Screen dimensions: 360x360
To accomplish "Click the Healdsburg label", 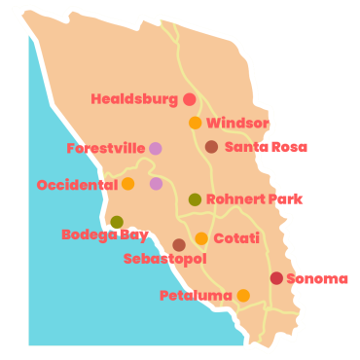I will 134,99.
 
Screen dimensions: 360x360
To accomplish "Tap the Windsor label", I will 237,124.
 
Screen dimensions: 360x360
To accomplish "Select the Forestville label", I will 105,149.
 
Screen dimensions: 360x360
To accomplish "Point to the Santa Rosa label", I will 266,148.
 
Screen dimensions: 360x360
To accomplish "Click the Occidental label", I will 77,185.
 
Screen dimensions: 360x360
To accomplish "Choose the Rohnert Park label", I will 254,199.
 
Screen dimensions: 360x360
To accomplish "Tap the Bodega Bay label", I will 104,234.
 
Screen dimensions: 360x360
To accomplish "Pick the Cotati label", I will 236,238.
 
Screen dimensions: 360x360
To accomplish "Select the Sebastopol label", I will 165,259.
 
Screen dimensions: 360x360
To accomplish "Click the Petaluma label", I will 196,296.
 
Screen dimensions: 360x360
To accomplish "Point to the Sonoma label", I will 316,279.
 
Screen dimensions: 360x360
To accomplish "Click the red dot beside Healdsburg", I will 189,99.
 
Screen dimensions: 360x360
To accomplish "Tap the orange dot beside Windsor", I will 196,123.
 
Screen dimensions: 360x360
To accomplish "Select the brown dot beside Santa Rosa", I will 211,147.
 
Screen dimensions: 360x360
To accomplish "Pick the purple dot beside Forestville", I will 155,149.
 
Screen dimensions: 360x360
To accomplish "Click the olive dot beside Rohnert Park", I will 195,199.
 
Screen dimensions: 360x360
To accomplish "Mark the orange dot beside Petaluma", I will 243,296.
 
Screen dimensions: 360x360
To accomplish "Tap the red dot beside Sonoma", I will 276,278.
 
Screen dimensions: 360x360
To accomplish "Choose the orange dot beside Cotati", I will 201,238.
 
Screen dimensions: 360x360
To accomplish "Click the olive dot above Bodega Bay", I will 117,222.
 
